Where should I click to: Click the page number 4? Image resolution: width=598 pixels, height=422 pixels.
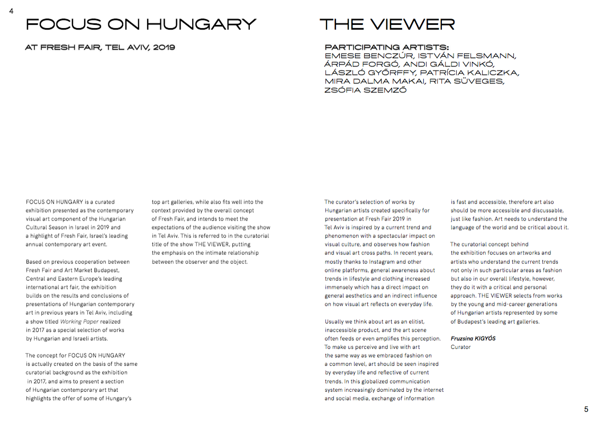point(11,11)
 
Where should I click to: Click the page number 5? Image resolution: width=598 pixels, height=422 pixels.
point(586,409)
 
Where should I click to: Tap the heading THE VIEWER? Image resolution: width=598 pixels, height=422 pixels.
point(387,24)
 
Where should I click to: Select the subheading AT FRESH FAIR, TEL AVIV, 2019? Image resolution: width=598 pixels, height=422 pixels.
point(100,48)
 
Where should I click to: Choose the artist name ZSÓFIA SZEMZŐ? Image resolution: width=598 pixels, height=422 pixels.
point(365,90)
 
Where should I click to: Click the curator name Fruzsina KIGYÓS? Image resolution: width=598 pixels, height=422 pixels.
point(473,338)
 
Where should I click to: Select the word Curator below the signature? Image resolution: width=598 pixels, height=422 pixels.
point(460,347)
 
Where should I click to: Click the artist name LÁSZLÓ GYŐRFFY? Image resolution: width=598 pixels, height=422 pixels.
point(368,73)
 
